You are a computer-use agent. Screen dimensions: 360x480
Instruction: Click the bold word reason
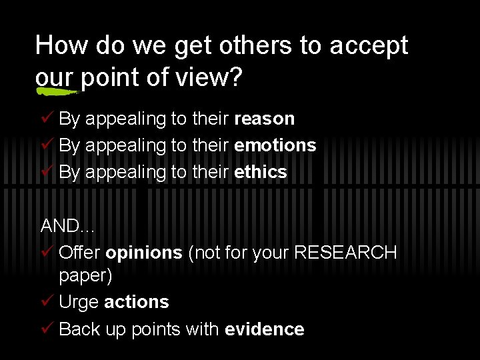coord(265,119)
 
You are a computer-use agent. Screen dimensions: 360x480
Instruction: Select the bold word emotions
coord(275,145)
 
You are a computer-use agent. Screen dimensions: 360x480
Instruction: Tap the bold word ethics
coord(261,172)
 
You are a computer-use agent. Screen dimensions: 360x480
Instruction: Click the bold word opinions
coord(143,253)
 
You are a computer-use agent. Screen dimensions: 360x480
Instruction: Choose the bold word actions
coord(136,302)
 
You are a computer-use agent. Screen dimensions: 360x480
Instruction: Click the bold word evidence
coord(265,329)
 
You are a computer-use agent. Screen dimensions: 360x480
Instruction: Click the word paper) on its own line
coord(85,276)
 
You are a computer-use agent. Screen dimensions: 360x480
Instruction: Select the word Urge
coord(79,303)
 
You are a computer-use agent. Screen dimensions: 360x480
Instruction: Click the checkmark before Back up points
coord(47,329)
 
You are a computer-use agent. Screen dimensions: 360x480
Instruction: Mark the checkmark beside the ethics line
coord(47,172)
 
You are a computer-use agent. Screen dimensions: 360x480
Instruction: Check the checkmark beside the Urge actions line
coord(47,302)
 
